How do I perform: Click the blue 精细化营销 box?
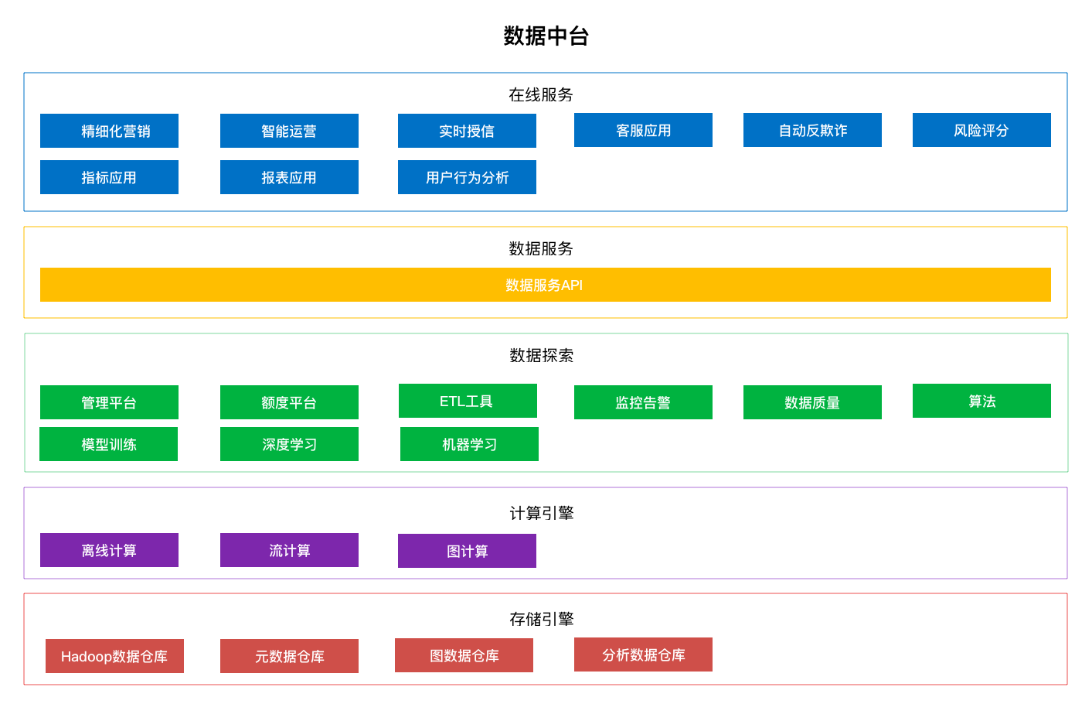[x=109, y=131]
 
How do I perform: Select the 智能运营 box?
[x=289, y=131]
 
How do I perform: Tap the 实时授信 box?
[x=467, y=131]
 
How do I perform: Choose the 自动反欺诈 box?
[x=812, y=130]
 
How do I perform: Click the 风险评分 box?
[x=981, y=130]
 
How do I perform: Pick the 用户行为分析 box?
[x=467, y=177]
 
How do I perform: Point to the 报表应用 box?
[x=289, y=177]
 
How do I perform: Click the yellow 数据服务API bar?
[x=545, y=285]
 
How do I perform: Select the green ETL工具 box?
[x=468, y=401]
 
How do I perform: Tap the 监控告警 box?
[x=643, y=402]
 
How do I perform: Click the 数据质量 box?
[x=812, y=402]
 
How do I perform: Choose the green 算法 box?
[x=981, y=401]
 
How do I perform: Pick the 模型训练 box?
[x=108, y=444]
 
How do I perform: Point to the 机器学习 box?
[x=469, y=444]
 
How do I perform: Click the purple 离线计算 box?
[x=109, y=550]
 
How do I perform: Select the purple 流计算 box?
[x=289, y=550]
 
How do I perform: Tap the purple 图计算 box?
[x=467, y=551]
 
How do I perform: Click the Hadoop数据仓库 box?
[x=114, y=656]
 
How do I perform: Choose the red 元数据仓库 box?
[x=289, y=656]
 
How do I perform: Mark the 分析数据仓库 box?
[x=643, y=654]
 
